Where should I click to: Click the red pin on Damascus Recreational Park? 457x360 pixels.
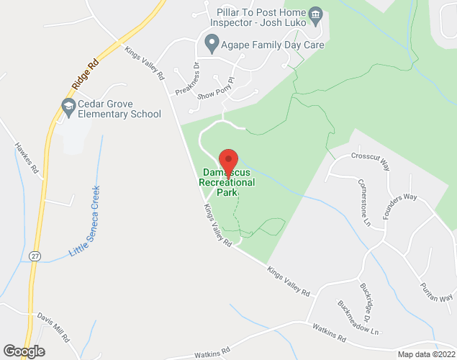[x=228, y=160]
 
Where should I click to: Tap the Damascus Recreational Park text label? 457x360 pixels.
[x=227, y=183]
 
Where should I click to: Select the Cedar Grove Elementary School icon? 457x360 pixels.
[x=68, y=108]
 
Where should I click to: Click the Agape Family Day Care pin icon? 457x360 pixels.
[x=212, y=45]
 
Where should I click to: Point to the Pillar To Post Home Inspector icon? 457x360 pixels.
[x=315, y=15]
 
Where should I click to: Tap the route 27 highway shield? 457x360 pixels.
[x=34, y=256]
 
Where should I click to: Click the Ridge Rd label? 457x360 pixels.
[x=84, y=74]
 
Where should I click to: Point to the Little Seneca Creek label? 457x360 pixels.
[x=85, y=222]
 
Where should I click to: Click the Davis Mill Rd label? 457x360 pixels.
[x=54, y=326]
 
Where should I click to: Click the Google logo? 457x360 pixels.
[x=23, y=351]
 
